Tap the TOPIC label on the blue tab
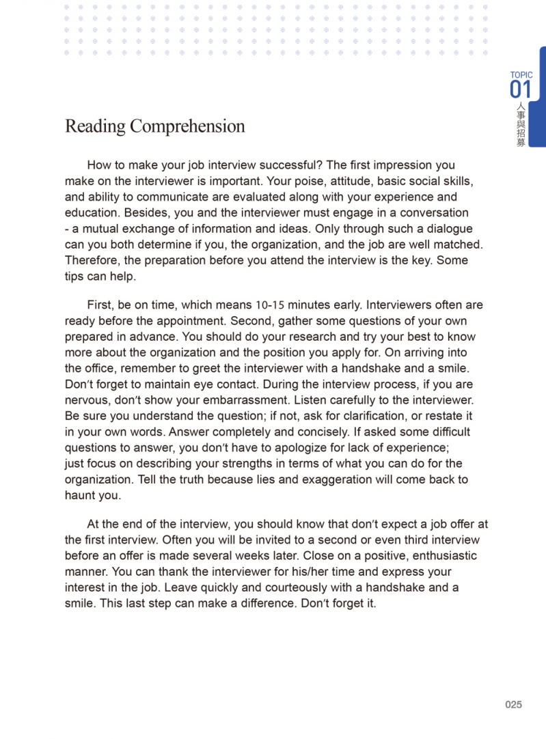click(521, 75)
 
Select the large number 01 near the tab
click(520, 89)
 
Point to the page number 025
click(513, 704)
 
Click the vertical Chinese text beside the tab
click(521, 125)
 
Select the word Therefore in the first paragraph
click(92, 260)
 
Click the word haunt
click(81, 496)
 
